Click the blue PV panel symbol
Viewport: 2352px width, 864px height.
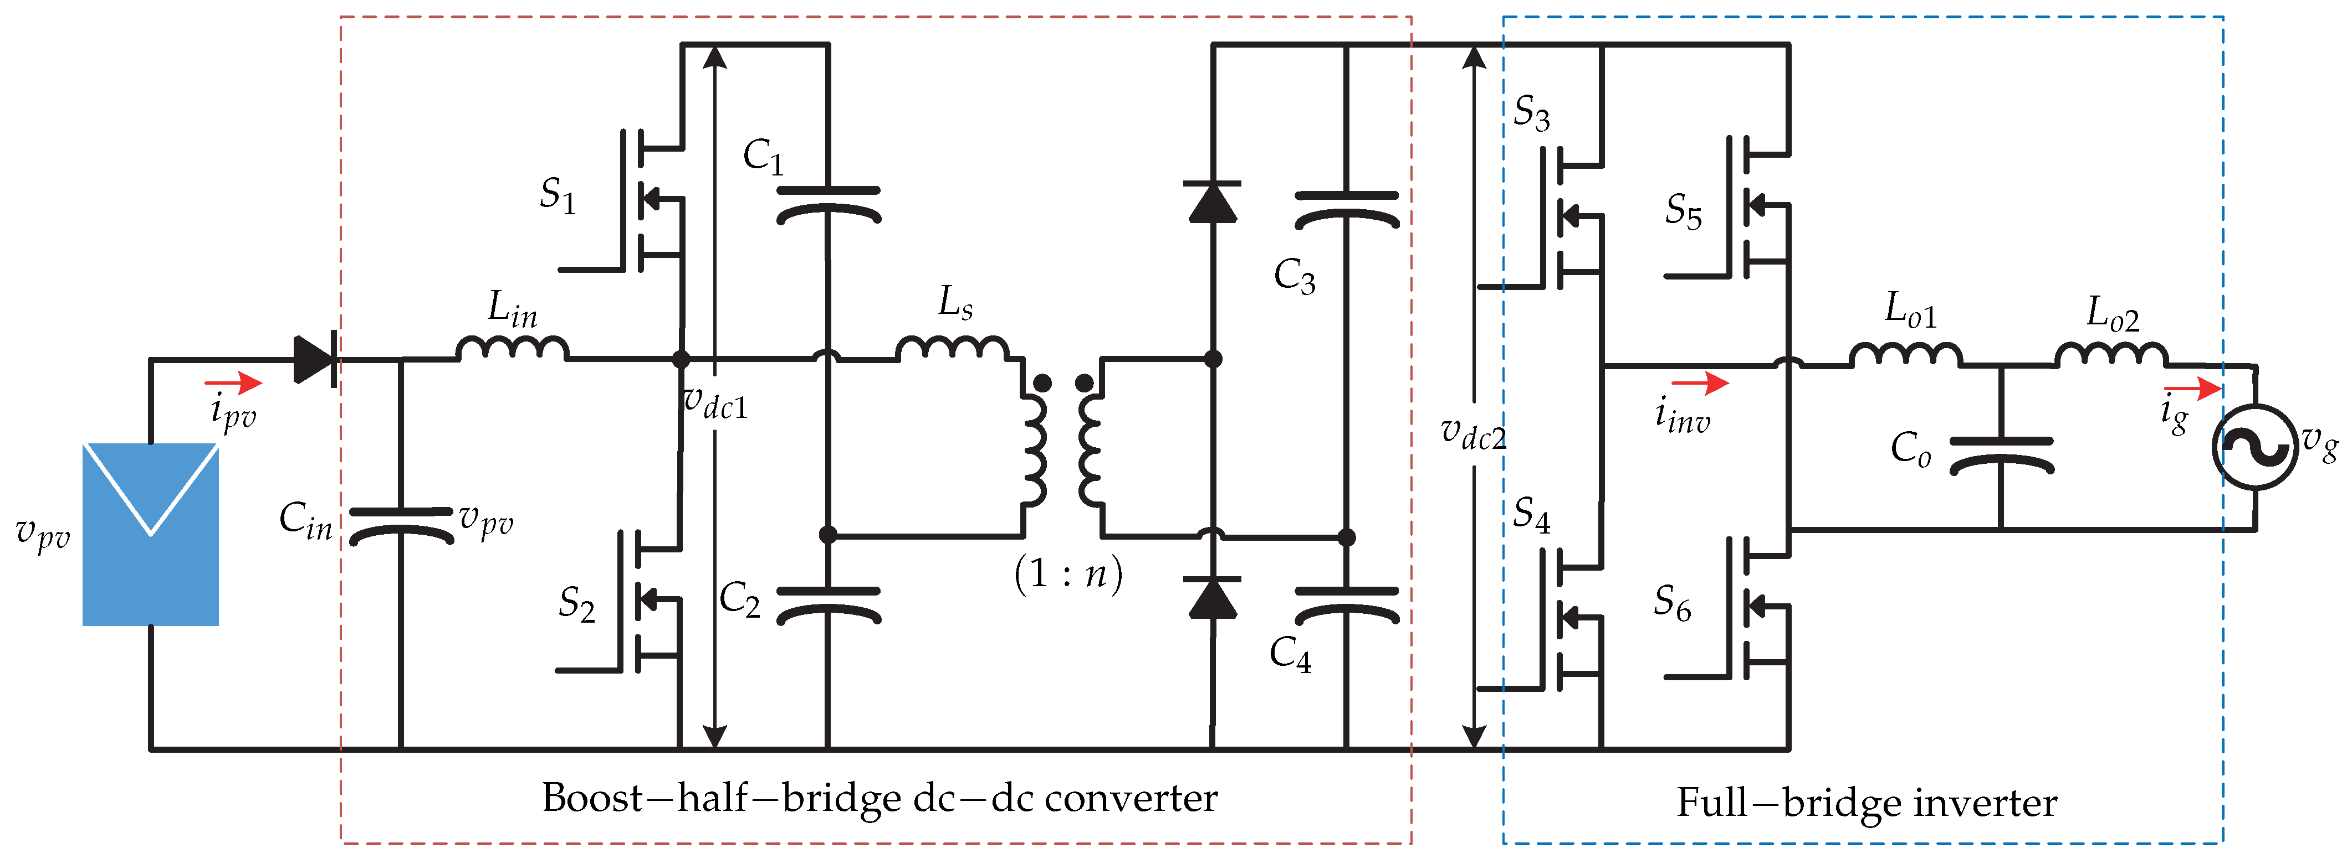click(x=151, y=535)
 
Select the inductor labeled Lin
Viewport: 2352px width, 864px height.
click(x=512, y=349)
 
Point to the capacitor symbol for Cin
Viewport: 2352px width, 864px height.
click(x=402, y=525)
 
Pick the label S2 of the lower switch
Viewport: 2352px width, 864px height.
click(x=576, y=604)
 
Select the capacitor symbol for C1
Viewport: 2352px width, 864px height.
click(x=828, y=204)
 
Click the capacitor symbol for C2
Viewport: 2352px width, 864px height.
click(x=828, y=604)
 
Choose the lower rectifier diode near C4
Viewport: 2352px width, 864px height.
click(x=1213, y=598)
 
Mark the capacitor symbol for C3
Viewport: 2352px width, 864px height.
click(x=1347, y=209)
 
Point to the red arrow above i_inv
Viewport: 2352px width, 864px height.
click(x=1700, y=383)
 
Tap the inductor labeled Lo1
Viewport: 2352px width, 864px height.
click(x=1905, y=354)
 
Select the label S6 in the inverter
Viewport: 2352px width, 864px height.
click(x=1672, y=604)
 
